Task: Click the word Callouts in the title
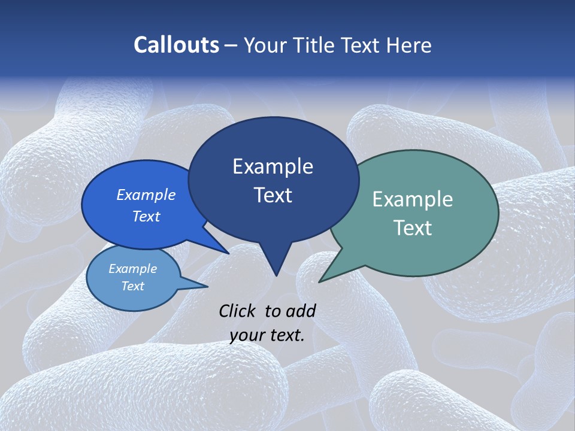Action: (x=176, y=45)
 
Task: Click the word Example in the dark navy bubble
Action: (x=273, y=166)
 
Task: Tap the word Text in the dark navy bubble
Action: (x=273, y=195)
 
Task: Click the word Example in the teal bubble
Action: (x=413, y=199)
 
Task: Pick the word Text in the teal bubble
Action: (x=413, y=228)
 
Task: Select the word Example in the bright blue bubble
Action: (x=146, y=195)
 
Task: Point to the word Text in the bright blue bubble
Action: (x=146, y=217)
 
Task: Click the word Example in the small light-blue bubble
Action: (x=132, y=269)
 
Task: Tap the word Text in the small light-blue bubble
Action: (x=132, y=286)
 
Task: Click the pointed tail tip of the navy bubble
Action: (x=276, y=275)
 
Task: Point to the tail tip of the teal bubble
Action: (x=320, y=281)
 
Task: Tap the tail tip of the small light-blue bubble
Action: (x=207, y=286)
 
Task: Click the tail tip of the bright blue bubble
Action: (x=228, y=253)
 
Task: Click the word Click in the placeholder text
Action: (x=238, y=311)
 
